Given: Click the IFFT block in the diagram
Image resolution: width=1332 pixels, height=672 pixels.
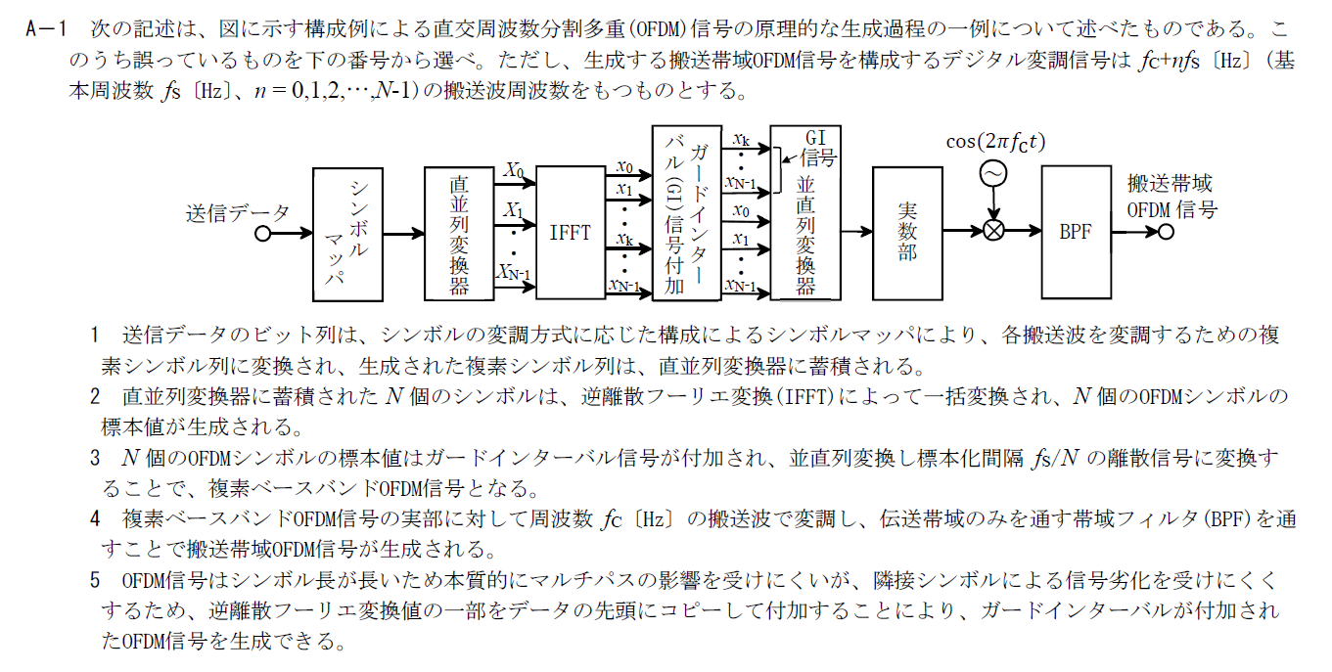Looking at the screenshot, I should (571, 233).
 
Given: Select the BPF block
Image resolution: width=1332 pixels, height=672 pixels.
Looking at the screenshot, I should (1076, 233).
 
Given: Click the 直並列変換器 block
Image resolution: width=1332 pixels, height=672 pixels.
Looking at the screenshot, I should (459, 233).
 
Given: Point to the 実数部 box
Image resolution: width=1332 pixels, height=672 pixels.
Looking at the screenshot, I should (907, 233).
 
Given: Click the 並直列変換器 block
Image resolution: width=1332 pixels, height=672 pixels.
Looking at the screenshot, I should (804, 235).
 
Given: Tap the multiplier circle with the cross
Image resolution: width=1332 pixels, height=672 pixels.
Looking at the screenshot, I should (994, 232).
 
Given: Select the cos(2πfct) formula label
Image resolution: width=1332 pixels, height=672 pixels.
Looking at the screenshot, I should (995, 142).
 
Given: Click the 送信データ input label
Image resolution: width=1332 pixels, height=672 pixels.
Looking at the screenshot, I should (238, 212).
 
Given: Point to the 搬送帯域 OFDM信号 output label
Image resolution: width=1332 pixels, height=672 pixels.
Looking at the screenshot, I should (1171, 196).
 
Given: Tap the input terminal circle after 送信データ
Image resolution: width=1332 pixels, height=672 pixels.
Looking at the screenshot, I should (262, 234).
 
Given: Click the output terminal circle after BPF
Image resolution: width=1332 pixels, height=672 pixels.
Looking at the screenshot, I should (1165, 233).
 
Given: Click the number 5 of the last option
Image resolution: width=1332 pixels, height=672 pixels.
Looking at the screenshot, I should (95, 581).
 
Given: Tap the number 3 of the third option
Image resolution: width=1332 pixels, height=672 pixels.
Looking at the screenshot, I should (95, 458).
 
